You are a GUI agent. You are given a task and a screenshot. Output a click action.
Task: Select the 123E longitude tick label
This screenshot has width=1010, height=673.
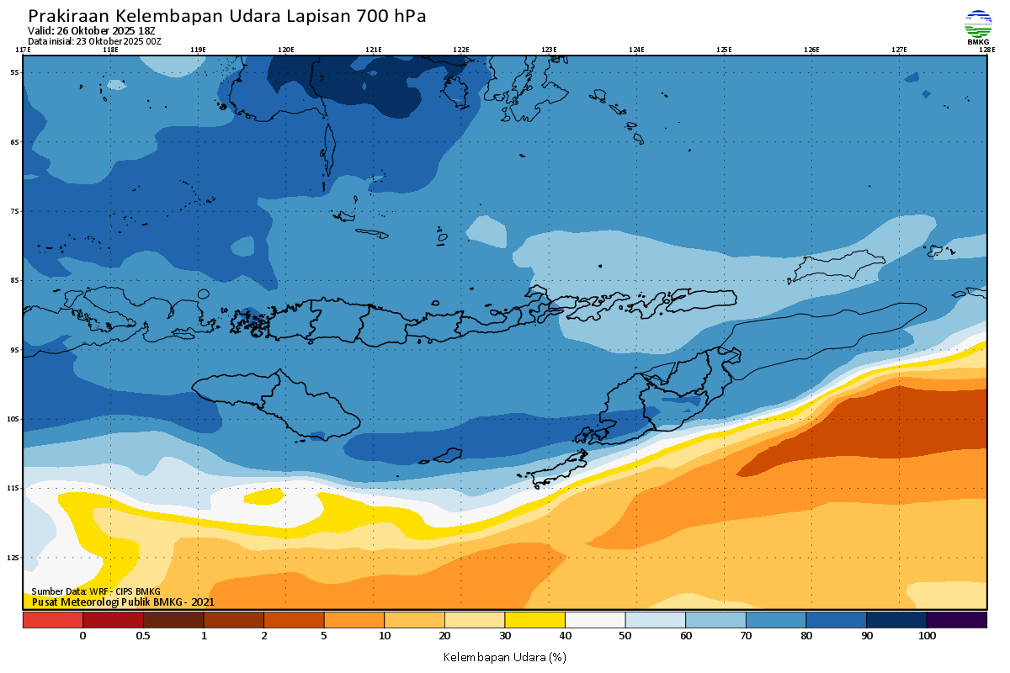click(x=549, y=50)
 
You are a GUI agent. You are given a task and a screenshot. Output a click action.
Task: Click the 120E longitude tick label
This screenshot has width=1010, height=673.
click(x=286, y=50)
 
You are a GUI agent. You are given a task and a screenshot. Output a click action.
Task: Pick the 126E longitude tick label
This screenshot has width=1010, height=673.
click(x=811, y=50)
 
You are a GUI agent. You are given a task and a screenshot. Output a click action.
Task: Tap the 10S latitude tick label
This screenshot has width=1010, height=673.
click(x=14, y=419)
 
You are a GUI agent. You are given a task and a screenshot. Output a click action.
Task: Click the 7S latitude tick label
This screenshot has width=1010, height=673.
click(x=14, y=211)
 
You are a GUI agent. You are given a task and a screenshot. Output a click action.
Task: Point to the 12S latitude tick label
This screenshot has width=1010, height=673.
click(x=14, y=558)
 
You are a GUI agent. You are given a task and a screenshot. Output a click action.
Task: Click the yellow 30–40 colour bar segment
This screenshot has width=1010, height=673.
click(x=534, y=620)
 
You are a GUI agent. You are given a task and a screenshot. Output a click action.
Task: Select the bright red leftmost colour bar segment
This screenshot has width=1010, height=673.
click(x=52, y=620)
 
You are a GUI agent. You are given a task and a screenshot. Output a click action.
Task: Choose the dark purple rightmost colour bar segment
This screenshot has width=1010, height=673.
click(x=956, y=620)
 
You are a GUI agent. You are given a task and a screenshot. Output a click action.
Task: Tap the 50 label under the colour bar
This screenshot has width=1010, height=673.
click(x=625, y=636)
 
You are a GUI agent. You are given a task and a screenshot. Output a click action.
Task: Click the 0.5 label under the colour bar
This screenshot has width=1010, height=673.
click(x=143, y=636)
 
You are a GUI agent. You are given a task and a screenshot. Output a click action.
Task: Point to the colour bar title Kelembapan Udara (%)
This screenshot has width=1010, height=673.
click(x=504, y=656)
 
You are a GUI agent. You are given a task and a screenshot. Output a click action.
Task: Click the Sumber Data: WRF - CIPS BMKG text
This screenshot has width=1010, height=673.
click(x=96, y=592)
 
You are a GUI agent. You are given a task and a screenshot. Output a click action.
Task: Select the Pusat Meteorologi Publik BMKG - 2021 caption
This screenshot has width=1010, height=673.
click(x=123, y=601)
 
